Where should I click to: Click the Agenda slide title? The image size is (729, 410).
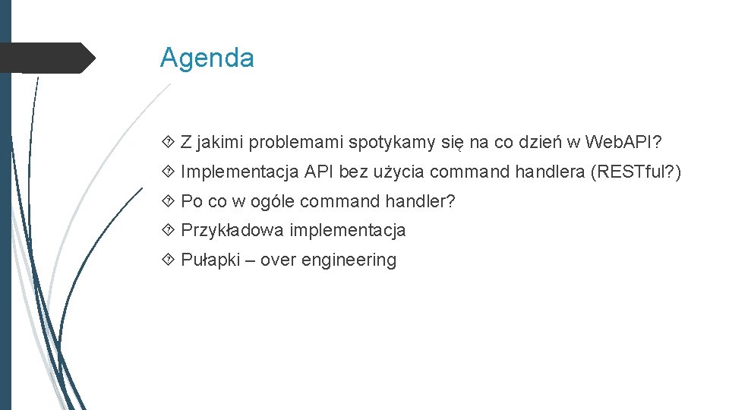click(x=207, y=58)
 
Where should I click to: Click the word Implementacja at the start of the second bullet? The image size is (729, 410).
click(x=240, y=172)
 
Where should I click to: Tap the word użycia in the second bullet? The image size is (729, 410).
click(x=399, y=172)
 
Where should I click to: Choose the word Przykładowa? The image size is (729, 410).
click(x=232, y=230)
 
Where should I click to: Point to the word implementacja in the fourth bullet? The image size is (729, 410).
click(x=348, y=230)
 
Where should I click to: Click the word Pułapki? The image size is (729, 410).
click(x=210, y=260)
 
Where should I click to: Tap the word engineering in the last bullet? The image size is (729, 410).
click(x=349, y=260)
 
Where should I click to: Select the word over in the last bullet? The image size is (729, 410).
click(x=279, y=260)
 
